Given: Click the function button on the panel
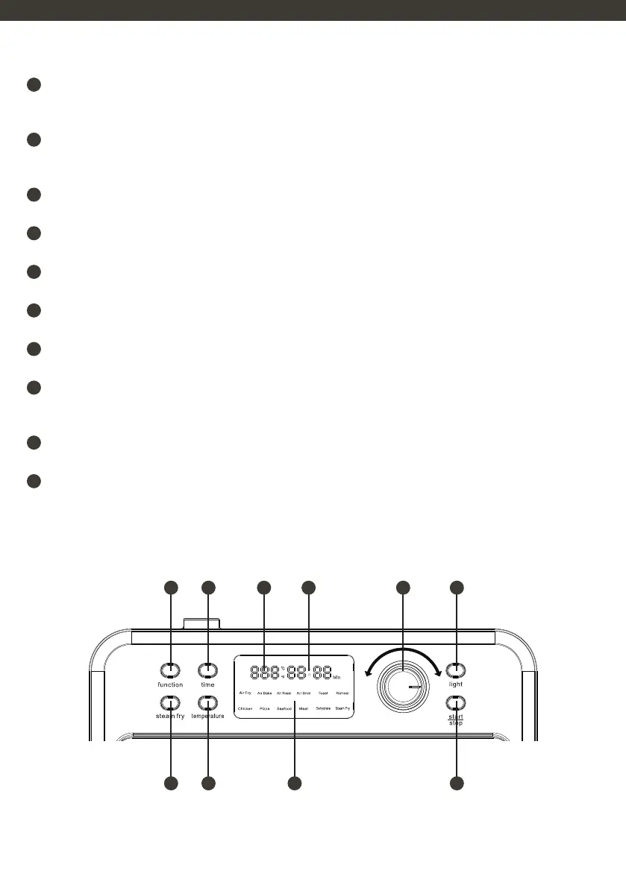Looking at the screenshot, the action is click(171, 670).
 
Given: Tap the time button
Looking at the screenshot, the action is click(208, 670).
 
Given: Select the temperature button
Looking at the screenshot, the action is click(208, 702).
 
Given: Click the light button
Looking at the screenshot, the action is click(456, 670).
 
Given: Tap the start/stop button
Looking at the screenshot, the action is click(456, 702).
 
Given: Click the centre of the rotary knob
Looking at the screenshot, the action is click(403, 687).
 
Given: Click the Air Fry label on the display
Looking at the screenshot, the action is click(245, 693).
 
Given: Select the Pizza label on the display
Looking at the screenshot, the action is click(265, 708).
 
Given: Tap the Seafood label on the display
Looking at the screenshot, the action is click(284, 708).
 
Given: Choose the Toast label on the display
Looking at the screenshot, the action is click(323, 693).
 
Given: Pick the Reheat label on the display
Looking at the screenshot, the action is click(342, 693).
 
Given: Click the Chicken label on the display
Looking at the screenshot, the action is click(245, 708).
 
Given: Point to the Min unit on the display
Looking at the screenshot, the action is click(337, 678).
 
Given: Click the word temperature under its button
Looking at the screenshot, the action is click(208, 716).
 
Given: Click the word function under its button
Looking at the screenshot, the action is click(170, 684).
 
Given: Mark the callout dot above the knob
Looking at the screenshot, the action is click(403, 588).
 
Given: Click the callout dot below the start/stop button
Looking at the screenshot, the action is click(457, 783).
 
